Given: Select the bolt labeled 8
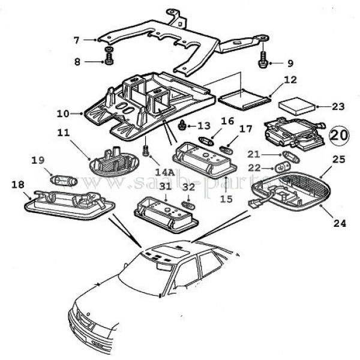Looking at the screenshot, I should (x=109, y=60).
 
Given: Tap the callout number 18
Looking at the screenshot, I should (x=17, y=185).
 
